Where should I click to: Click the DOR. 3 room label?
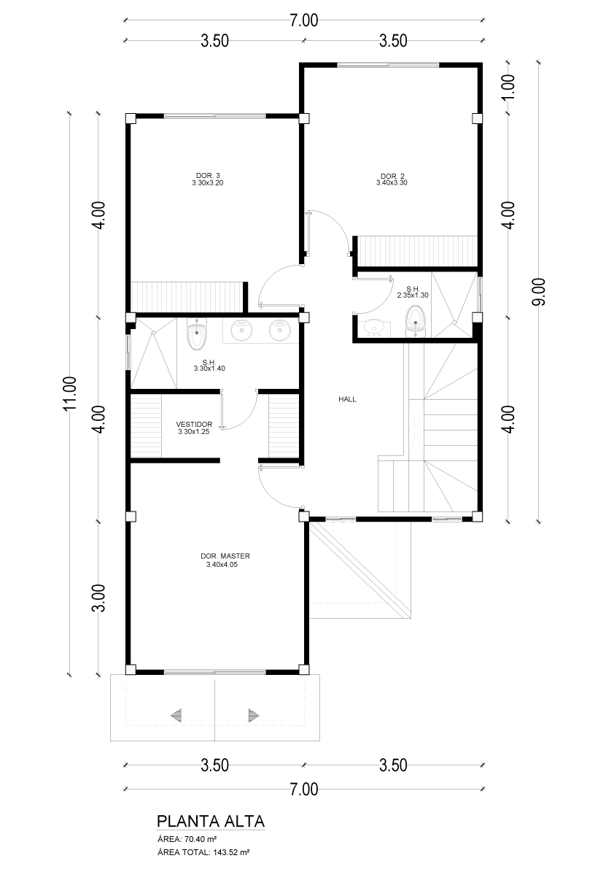tap(208, 175)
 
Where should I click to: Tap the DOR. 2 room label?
tap(392, 175)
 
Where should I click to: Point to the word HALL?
tap(347, 399)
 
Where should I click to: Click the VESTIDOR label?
tap(194, 424)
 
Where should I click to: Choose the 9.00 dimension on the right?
tap(540, 292)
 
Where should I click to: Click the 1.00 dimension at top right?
tap(510, 86)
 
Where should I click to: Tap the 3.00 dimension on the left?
tap(98, 598)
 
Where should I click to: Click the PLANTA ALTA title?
tap(211, 820)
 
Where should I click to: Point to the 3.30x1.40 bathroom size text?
tap(209, 368)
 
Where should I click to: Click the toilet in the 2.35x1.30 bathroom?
tap(415, 322)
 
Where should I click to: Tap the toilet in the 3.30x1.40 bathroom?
tap(197, 335)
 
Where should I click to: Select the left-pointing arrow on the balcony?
tap(176, 714)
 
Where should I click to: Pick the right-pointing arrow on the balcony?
tap(254, 714)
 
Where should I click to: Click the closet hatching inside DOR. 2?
tap(418, 251)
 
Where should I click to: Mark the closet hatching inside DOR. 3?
tap(187, 296)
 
